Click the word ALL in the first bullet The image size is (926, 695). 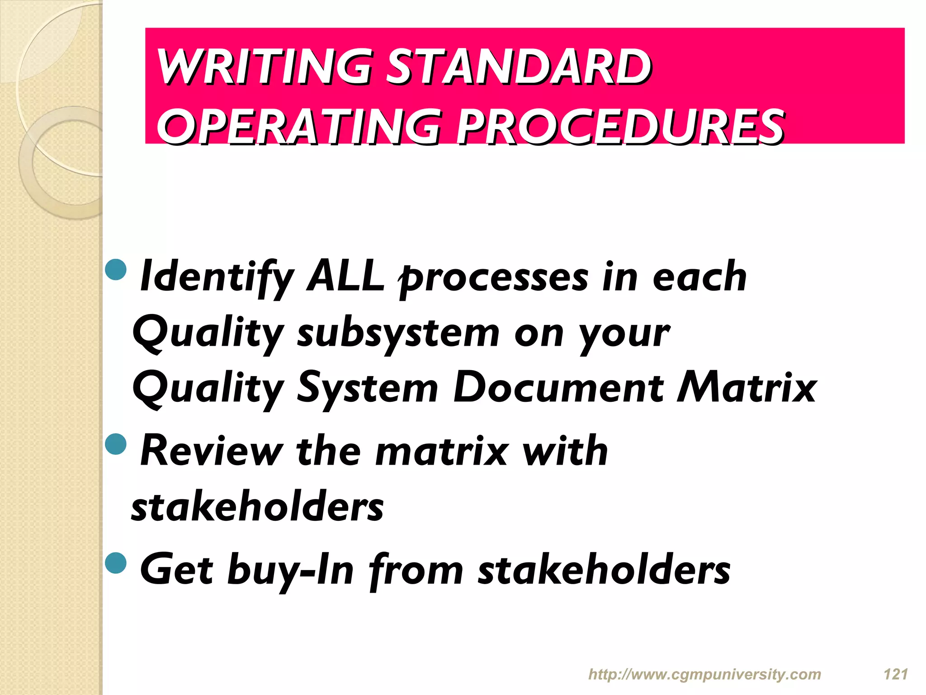[345, 276]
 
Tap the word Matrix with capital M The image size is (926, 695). [746, 388]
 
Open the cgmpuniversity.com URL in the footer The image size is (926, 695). [704, 675]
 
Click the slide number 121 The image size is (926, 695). [896, 675]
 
